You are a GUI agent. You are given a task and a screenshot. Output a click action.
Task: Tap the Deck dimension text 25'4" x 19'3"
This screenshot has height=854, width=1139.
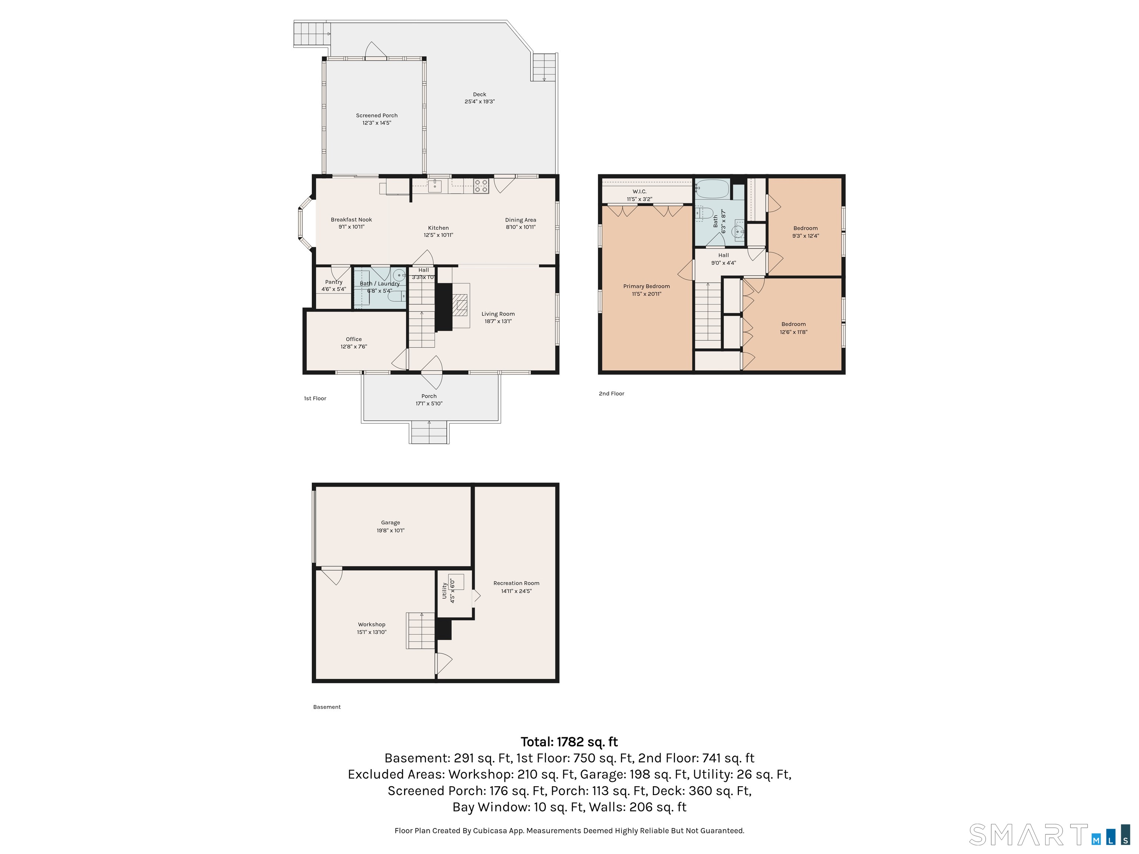pos(479,102)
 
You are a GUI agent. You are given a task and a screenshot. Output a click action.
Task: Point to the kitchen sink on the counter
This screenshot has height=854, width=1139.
pos(435,185)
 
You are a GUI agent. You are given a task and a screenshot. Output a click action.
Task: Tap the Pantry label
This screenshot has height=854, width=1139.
pos(334,282)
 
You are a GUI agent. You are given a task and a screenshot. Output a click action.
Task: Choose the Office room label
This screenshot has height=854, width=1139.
pos(354,339)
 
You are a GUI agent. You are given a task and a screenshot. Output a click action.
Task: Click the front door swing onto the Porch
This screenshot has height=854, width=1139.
pos(432,372)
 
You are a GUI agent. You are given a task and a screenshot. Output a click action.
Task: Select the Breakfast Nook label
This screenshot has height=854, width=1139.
pos(351,220)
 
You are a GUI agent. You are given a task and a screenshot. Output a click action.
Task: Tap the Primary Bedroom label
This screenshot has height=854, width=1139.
pos(646,286)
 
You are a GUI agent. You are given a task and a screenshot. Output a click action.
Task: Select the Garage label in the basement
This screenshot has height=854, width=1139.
pos(390,523)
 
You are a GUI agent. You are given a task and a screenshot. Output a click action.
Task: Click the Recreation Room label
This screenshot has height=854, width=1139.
pos(516,583)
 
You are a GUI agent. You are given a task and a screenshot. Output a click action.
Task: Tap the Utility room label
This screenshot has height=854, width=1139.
pos(445,590)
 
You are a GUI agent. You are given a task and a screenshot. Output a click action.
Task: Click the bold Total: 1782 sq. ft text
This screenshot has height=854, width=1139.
pos(569,742)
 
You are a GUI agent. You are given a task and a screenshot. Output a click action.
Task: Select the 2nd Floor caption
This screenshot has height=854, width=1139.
pos(612,394)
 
